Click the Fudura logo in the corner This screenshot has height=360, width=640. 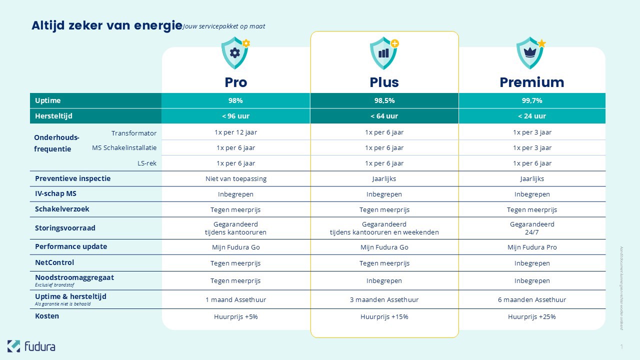(31, 346)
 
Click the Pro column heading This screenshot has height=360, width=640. (235, 82)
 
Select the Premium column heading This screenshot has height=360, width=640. (531, 82)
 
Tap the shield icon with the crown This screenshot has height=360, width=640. (530, 53)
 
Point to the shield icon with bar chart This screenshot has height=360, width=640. (383, 53)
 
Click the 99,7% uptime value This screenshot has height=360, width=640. (532, 100)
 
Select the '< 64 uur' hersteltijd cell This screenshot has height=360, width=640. (384, 116)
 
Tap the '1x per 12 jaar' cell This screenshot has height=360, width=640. (235, 132)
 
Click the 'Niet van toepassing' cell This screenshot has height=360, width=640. (235, 178)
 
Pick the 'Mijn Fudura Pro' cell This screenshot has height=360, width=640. (532, 247)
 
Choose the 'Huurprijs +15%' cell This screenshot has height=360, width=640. (384, 316)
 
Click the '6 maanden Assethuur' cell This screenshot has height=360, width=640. (532, 299)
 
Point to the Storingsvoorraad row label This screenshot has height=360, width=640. (65, 228)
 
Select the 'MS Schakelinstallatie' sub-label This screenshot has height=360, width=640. (124, 148)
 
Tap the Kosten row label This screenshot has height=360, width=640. (47, 316)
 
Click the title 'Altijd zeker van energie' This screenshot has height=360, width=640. (106, 25)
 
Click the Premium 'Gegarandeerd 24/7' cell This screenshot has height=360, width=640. (532, 228)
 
